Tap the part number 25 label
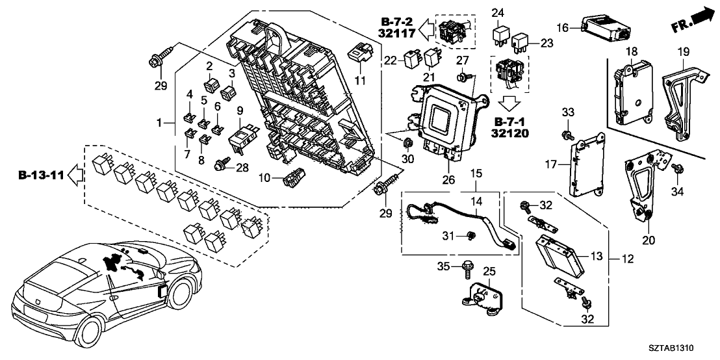click(x=489, y=271)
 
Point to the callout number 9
click(x=239, y=110)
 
